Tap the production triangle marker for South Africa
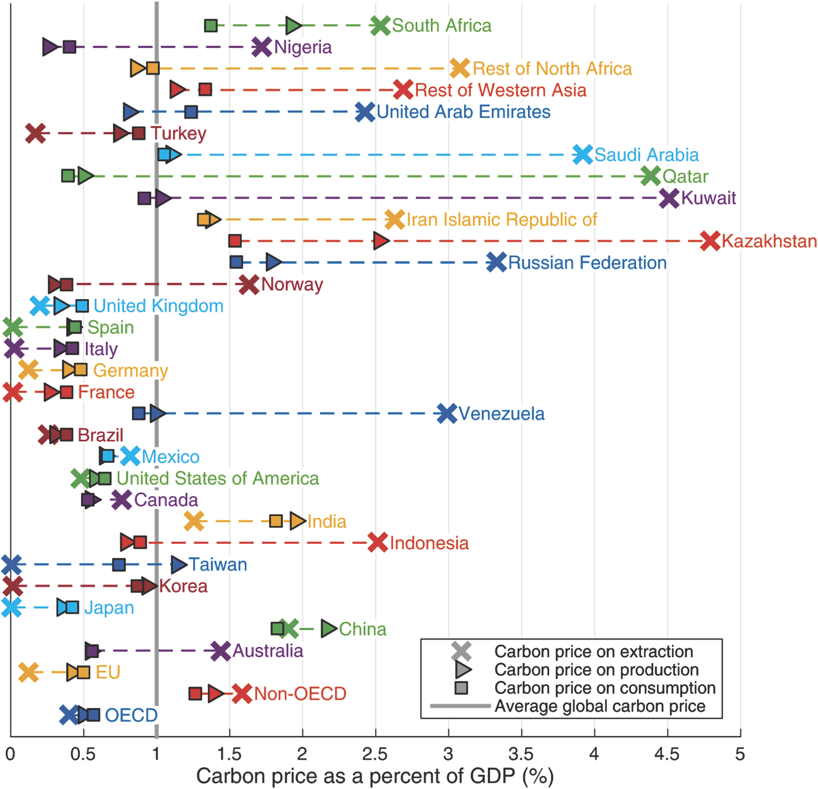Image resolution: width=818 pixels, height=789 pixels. pyautogui.click(x=294, y=26)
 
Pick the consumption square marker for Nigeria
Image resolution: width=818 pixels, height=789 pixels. pyautogui.click(x=69, y=47)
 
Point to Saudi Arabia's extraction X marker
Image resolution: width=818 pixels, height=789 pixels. pyautogui.click(x=583, y=155)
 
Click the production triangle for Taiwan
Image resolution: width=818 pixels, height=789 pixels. pyautogui.click(x=179, y=565)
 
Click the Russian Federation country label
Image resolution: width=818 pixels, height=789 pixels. pyautogui.click(x=587, y=263)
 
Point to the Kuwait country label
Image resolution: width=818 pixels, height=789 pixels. pyautogui.click(x=708, y=198)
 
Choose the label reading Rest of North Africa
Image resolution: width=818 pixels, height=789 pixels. pyautogui.click(x=552, y=69)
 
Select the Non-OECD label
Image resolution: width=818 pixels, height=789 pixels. pyautogui.click(x=300, y=694)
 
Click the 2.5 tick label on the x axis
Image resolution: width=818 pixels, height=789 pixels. pyautogui.click(x=375, y=754)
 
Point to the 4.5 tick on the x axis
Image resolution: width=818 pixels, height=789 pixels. pyautogui.click(x=667, y=754)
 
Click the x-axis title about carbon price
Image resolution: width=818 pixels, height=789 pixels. pyautogui.click(x=375, y=776)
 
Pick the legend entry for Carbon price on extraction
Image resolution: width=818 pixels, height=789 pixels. pyautogui.click(x=594, y=651)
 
